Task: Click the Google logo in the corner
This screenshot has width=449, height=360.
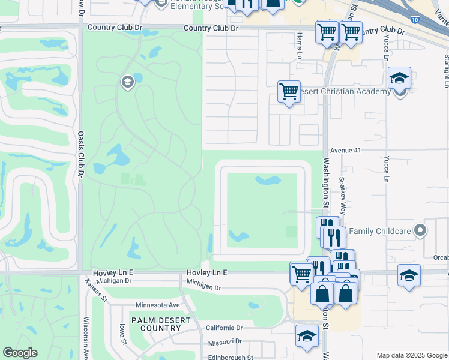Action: [x=20, y=353]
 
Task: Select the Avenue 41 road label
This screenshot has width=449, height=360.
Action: [x=345, y=151]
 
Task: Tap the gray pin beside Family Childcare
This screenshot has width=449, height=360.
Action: [x=421, y=230]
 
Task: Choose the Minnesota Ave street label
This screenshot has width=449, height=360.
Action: [x=158, y=305]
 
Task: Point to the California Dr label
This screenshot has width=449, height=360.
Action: [x=224, y=328]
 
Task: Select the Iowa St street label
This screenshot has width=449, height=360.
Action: [x=122, y=334]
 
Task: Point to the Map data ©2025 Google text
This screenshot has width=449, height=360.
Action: [x=411, y=355]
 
